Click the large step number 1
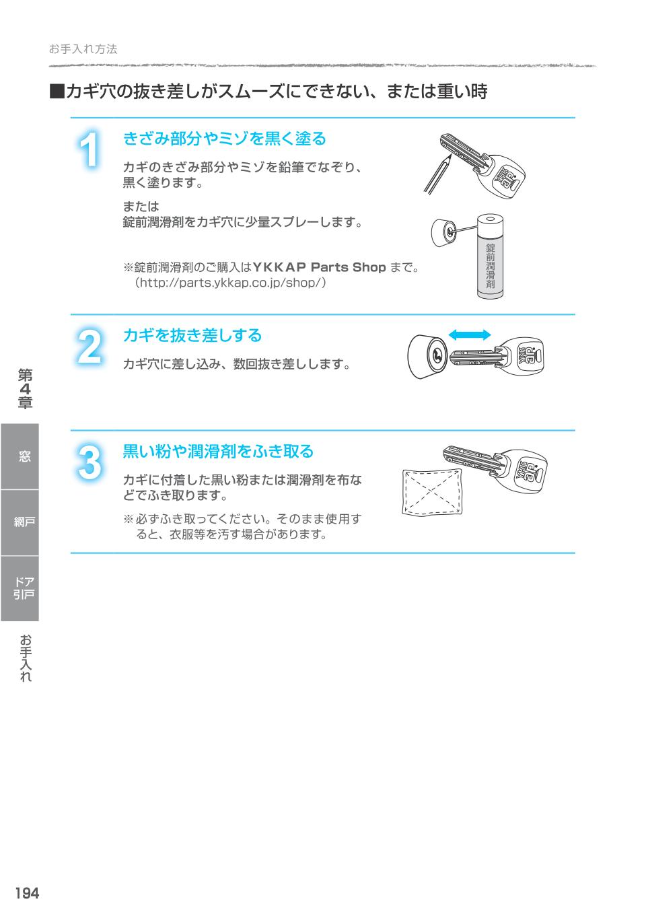point(89,149)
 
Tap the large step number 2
point(89,347)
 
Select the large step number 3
point(89,463)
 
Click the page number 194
point(27,893)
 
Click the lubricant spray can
point(490,256)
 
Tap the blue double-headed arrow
point(470,335)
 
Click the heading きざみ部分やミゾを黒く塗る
point(224,139)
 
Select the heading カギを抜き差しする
point(192,335)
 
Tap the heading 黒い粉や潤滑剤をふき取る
point(218,451)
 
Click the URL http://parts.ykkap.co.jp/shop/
point(231,283)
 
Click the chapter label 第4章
point(25,388)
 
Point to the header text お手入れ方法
point(83,49)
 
